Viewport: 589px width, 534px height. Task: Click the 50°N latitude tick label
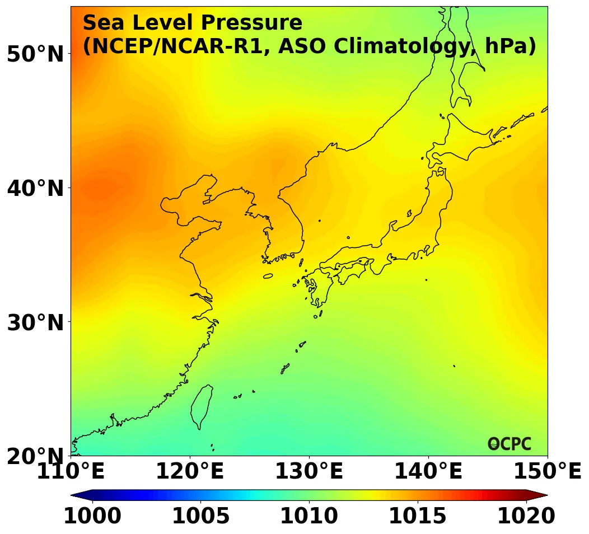tap(35, 54)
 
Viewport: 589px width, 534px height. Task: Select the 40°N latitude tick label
tap(35, 189)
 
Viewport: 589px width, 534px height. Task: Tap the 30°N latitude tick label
tap(35, 322)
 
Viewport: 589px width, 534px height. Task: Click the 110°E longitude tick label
tap(71, 472)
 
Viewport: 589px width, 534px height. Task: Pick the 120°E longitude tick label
tap(189, 472)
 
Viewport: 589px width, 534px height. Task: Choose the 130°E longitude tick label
tap(308, 472)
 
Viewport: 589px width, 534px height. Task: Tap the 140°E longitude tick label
tap(428, 472)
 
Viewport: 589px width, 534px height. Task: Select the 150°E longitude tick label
tap(548, 472)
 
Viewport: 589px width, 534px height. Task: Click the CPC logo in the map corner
tap(509, 444)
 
